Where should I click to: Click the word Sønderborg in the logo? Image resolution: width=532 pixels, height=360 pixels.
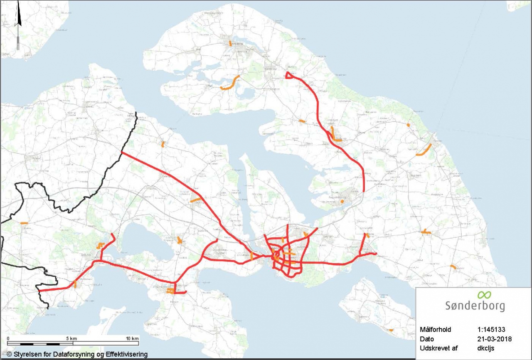(x=475, y=306)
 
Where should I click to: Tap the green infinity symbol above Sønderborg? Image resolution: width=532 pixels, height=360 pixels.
(x=484, y=295)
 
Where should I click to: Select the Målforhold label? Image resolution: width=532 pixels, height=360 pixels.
(x=436, y=330)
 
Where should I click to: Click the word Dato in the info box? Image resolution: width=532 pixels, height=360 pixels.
(x=427, y=338)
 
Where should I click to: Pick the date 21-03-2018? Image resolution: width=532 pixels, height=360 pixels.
(x=495, y=338)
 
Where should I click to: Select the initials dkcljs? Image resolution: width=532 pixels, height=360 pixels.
(x=487, y=347)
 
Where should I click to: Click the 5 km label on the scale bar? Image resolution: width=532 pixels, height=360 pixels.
(x=71, y=338)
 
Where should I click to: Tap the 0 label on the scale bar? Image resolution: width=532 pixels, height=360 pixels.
(x=8, y=338)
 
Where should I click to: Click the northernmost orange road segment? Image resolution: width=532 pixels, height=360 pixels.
(x=230, y=42)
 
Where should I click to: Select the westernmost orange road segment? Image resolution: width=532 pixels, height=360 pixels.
(x=24, y=223)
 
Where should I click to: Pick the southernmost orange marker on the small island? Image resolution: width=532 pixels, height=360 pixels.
(x=391, y=330)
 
